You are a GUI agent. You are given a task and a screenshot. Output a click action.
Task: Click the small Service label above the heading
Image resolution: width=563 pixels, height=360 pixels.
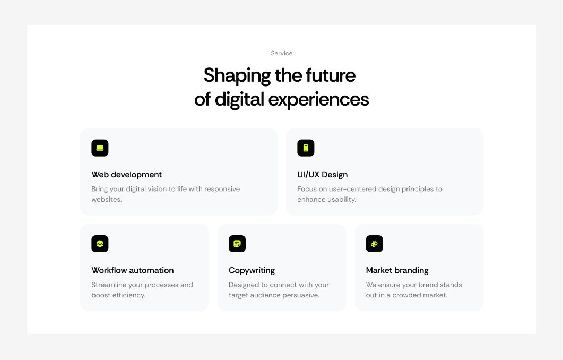(281, 53)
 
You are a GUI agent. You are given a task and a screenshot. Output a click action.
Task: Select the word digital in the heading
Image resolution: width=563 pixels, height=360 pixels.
(239, 99)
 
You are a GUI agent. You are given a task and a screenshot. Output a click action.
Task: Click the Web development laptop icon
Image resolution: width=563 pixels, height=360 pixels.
(100, 148)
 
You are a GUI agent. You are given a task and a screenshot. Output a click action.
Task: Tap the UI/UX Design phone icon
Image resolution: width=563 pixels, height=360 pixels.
(306, 148)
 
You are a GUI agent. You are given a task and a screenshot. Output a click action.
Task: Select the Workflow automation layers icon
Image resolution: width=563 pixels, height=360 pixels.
(100, 244)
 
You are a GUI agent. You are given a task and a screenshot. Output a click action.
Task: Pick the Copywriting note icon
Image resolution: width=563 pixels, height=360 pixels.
(237, 244)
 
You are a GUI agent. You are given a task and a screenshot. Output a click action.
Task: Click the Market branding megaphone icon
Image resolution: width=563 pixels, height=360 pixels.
(374, 244)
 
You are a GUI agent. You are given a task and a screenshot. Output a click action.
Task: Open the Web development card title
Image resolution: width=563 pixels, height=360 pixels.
(127, 175)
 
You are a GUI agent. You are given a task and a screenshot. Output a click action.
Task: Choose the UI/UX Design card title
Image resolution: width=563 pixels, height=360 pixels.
(323, 175)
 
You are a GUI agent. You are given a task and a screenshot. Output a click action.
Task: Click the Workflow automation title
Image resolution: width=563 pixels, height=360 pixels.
(133, 270)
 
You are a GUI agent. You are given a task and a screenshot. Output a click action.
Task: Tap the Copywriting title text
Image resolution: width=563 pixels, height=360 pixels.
(252, 270)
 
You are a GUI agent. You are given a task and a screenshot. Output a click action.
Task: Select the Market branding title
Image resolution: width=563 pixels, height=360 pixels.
(397, 270)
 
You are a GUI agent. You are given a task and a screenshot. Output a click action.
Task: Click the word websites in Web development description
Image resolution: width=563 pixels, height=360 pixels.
(106, 200)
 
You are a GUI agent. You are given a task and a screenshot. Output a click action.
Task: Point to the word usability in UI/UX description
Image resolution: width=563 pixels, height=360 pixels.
(341, 200)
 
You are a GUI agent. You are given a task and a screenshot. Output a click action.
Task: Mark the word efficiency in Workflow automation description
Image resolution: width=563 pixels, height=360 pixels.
(128, 295)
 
